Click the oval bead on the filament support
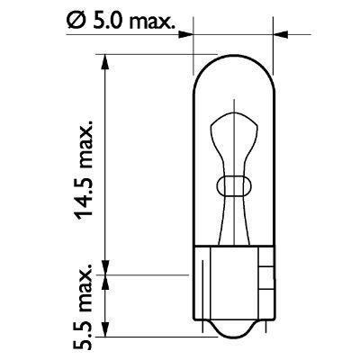[x=234, y=186]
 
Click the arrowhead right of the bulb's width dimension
[x=280, y=36]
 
